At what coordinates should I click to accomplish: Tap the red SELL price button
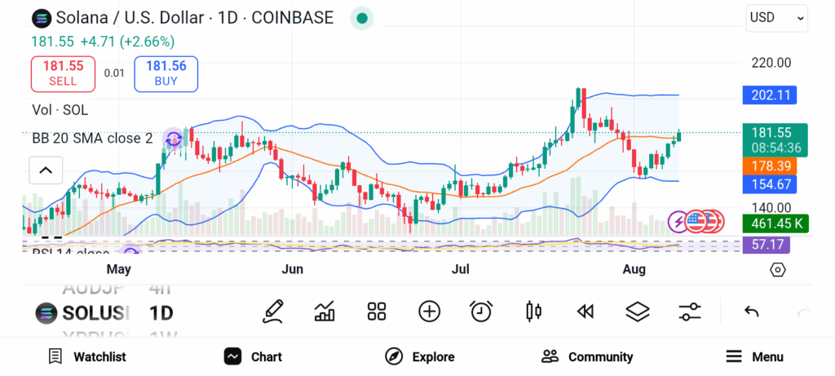pyautogui.click(x=63, y=73)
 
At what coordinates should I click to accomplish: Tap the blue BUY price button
pyautogui.click(x=166, y=73)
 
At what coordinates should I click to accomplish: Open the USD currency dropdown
pyautogui.click(x=776, y=17)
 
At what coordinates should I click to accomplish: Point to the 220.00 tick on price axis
pyautogui.click(x=771, y=62)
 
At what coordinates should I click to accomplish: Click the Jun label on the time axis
pyautogui.click(x=292, y=269)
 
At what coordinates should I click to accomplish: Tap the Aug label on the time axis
pyautogui.click(x=634, y=269)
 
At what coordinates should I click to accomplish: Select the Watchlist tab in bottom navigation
pyautogui.click(x=87, y=356)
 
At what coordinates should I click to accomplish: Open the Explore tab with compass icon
pyautogui.click(x=419, y=356)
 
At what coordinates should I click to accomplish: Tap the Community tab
pyautogui.click(x=587, y=356)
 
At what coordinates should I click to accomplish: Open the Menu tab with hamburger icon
pyautogui.click(x=754, y=356)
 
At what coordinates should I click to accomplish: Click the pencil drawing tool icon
pyautogui.click(x=273, y=311)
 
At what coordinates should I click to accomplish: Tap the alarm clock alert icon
pyautogui.click(x=481, y=311)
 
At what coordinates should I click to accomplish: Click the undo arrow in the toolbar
pyautogui.click(x=752, y=311)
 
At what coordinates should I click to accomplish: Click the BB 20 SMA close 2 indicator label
pyautogui.click(x=92, y=139)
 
